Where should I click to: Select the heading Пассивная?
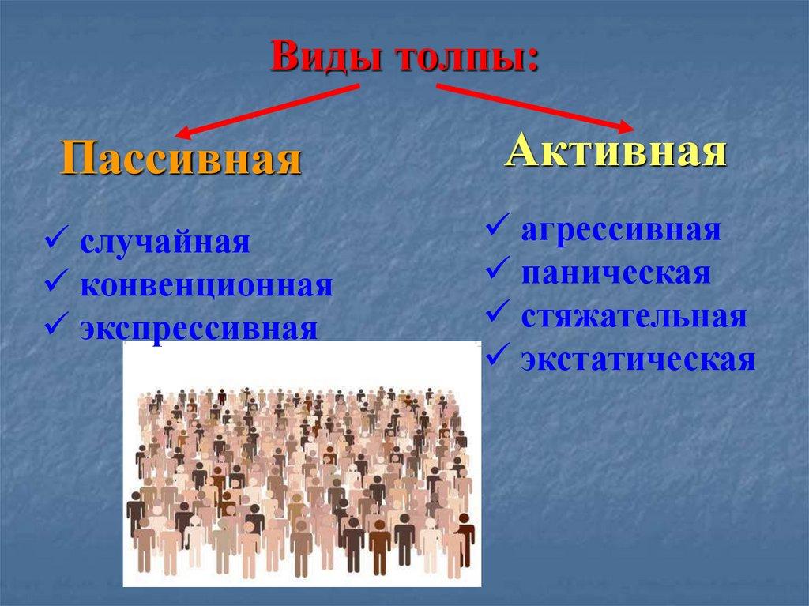coord(182,159)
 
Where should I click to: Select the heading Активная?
coord(615,150)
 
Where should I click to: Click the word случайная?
coord(164,243)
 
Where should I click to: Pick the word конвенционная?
coord(205,285)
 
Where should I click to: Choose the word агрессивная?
coord(620,231)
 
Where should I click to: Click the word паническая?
coord(615,273)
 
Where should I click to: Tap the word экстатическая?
coord(638,359)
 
